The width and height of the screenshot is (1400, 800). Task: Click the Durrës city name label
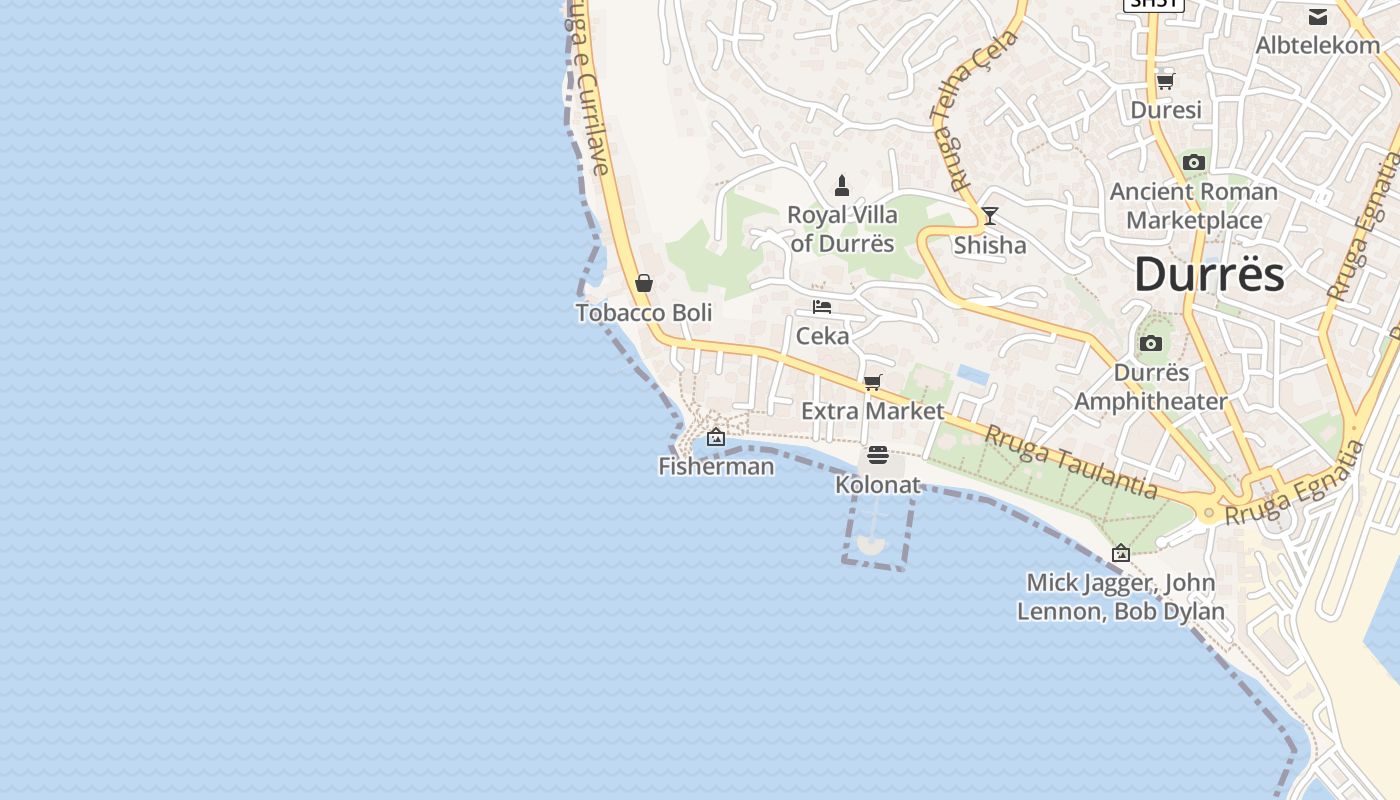(x=1209, y=274)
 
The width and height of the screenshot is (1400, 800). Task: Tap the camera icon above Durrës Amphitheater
(x=1151, y=344)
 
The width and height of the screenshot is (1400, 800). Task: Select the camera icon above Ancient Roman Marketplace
(x=1193, y=162)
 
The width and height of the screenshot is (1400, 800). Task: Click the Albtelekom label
(x=1317, y=45)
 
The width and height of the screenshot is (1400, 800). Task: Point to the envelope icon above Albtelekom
(x=1318, y=17)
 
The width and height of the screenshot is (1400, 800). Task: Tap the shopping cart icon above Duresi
(x=1165, y=81)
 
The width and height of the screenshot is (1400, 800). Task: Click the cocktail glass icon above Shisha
(x=990, y=216)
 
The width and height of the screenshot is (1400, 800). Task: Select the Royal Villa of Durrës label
(x=842, y=229)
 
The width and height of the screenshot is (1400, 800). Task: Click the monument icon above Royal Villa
(x=842, y=186)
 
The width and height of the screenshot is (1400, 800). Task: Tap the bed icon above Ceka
(x=822, y=307)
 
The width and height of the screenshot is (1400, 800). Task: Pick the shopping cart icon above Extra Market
(x=873, y=382)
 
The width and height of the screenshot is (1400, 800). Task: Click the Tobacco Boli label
(x=644, y=313)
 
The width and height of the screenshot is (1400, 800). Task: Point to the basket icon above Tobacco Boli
(x=644, y=284)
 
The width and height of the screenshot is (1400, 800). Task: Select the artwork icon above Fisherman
(x=716, y=437)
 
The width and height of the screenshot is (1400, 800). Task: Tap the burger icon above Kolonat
(x=878, y=456)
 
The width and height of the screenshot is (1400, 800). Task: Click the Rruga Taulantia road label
(x=1071, y=461)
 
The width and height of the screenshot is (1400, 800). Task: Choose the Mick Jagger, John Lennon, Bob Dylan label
(x=1121, y=597)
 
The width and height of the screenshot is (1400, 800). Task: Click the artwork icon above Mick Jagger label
(x=1121, y=553)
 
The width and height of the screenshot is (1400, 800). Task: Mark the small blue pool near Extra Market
(x=973, y=375)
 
